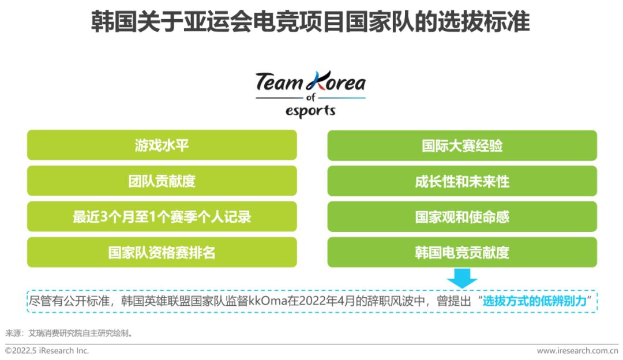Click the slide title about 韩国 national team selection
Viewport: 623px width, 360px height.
pyautogui.click(x=310, y=21)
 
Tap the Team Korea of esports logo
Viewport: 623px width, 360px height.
pyautogui.click(x=310, y=95)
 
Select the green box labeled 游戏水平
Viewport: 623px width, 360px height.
pyautogui.click(x=162, y=145)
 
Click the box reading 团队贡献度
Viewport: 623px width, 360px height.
pyautogui.click(x=162, y=181)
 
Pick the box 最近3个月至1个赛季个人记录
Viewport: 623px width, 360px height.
pyautogui.click(x=162, y=216)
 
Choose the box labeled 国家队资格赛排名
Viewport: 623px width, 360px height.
pyautogui.click(x=162, y=252)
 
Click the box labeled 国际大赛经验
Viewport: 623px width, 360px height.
pyautogui.click(x=462, y=145)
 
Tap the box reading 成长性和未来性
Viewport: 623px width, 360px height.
pyautogui.click(x=462, y=181)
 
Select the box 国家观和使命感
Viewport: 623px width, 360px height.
pyautogui.click(x=462, y=217)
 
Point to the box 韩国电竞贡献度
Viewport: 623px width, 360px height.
pyautogui.click(x=462, y=252)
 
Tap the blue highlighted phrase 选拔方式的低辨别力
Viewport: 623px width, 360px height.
pyautogui.click(x=535, y=301)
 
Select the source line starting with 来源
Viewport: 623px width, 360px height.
pyautogui.click(x=69, y=333)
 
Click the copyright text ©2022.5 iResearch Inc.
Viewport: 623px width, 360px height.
pyautogui.click(x=47, y=350)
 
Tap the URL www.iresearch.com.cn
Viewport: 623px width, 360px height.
pyautogui.click(x=577, y=350)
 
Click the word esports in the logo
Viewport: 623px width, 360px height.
pyautogui.click(x=310, y=111)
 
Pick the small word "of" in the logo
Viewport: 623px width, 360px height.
pyautogui.click(x=311, y=97)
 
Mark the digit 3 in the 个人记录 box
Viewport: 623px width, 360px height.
pyautogui.click(x=104, y=217)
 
